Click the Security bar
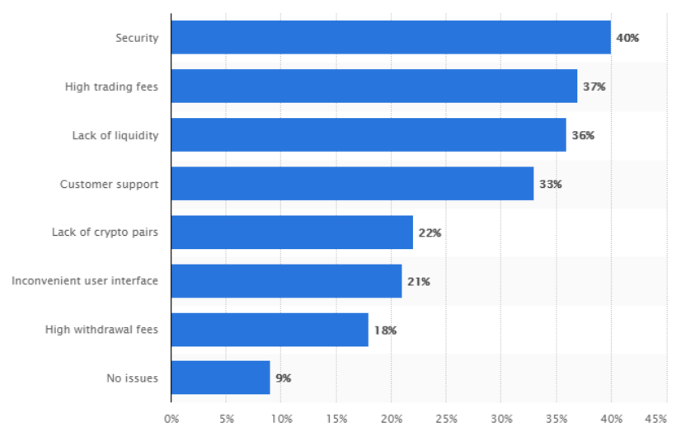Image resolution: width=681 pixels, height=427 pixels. [x=391, y=38]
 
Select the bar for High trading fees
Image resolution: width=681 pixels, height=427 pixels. [x=374, y=87]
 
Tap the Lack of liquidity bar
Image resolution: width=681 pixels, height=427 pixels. [x=369, y=135]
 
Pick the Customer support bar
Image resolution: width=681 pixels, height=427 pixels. [x=352, y=184]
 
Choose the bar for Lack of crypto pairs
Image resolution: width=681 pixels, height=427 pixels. [x=292, y=232]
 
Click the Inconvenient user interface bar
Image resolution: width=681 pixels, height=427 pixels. [x=286, y=281]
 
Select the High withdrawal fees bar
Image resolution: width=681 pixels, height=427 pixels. [x=270, y=330]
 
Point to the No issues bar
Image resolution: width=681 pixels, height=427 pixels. [x=220, y=378]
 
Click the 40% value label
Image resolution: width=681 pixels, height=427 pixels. [x=627, y=38]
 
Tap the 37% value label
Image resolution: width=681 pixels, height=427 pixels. [x=594, y=87]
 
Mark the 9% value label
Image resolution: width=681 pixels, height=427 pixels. [x=284, y=378]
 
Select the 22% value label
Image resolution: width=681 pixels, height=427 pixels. [x=430, y=232]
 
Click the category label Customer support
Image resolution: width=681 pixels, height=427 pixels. [x=109, y=184]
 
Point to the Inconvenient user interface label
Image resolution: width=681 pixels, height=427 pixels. [x=85, y=281]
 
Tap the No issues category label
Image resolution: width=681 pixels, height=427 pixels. [x=132, y=378]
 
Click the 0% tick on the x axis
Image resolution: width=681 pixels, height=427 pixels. [x=171, y=419]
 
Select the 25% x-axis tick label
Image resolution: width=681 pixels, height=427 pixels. [x=446, y=419]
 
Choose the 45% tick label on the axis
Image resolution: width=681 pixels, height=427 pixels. [x=655, y=419]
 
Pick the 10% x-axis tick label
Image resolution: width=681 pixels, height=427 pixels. [x=281, y=419]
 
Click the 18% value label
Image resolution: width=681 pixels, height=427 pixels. [x=385, y=330]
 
